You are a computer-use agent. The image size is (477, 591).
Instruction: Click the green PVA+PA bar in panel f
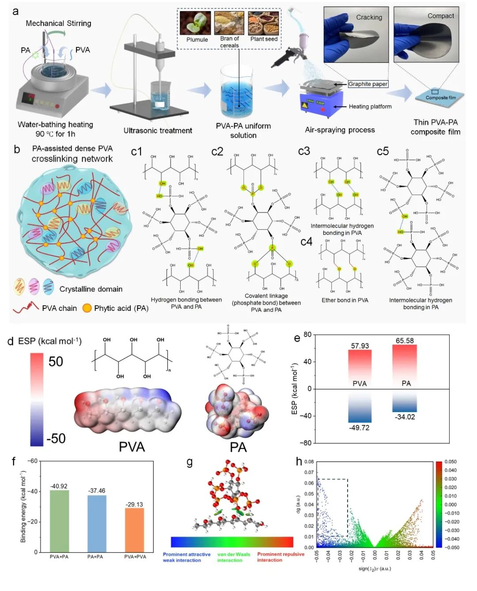point(59,521)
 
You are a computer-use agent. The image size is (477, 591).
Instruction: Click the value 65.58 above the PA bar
point(405,341)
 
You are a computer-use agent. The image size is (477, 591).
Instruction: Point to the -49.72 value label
point(359,428)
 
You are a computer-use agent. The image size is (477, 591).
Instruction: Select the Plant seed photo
point(264,23)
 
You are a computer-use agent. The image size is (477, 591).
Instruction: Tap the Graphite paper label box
point(367,84)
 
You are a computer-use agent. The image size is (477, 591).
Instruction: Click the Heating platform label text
point(370,106)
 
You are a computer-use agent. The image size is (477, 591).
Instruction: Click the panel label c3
point(304,151)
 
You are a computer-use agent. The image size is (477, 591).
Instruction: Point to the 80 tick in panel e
point(307,334)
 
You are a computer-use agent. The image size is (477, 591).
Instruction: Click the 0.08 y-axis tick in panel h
point(309,462)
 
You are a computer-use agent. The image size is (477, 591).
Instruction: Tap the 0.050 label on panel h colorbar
point(450,462)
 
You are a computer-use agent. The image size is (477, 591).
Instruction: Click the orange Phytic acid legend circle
point(87,308)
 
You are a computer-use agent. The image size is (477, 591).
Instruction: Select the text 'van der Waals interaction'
point(233,557)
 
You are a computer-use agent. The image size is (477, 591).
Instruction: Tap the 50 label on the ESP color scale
point(56,362)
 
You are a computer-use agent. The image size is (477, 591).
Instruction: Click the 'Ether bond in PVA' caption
point(344,300)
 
